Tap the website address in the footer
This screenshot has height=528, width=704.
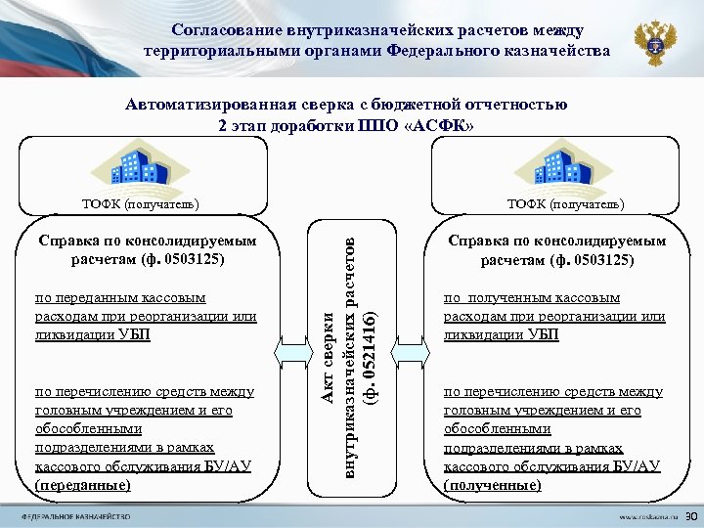pos(646,515)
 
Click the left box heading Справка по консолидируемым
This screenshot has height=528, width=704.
pos(147,241)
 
